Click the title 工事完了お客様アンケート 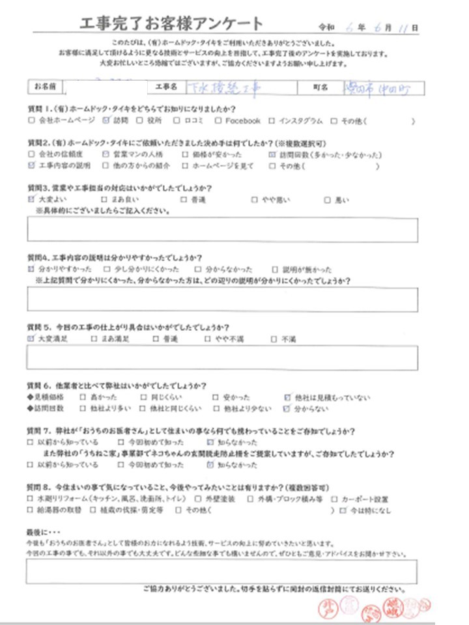coord(171,25)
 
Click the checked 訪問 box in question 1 coord(107,121)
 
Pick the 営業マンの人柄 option coord(107,155)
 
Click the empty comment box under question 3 coord(222,230)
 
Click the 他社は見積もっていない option coord(287,396)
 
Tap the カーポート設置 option coord(333,499)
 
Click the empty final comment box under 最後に coord(222,571)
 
